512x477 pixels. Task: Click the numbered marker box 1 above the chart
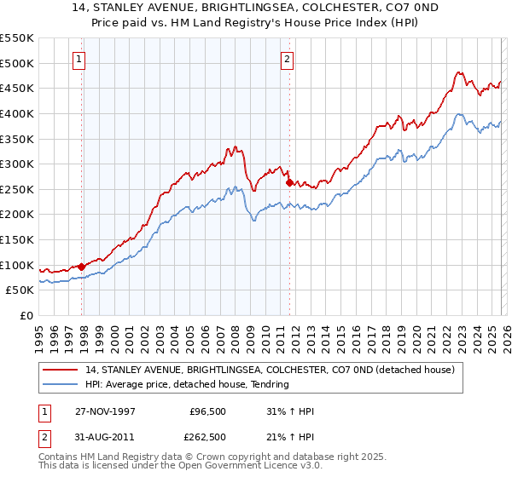(79, 60)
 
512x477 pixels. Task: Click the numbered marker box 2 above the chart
(287, 60)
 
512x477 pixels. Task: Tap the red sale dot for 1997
(82, 267)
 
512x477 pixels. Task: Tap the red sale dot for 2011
(290, 182)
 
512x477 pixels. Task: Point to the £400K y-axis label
(17, 113)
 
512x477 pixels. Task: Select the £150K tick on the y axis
(17, 239)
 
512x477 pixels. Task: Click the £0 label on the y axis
(26, 315)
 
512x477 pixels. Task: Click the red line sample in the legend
(61, 371)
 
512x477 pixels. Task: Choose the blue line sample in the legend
(61, 384)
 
